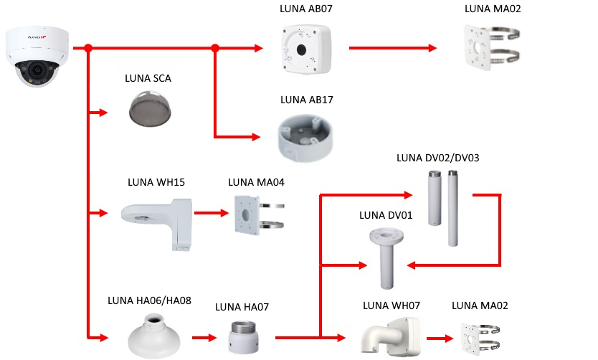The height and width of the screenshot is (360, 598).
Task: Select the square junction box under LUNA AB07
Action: click(306, 49)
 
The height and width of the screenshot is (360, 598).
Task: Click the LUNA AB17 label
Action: click(307, 99)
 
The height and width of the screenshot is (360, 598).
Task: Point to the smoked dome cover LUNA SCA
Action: click(147, 108)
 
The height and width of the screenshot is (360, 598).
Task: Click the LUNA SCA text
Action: click(148, 78)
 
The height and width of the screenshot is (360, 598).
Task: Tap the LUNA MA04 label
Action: click(256, 182)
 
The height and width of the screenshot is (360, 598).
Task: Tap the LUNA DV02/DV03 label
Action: click(437, 158)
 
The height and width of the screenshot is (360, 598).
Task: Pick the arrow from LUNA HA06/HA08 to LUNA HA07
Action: click(204, 336)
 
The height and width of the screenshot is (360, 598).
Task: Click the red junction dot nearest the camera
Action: click(87, 49)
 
